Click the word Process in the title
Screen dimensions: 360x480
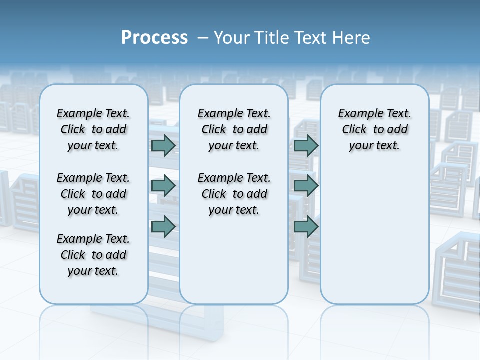(x=154, y=37)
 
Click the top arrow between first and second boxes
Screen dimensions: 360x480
(x=163, y=146)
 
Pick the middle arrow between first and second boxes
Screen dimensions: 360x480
(x=163, y=186)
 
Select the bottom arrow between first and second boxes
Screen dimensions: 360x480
(x=163, y=226)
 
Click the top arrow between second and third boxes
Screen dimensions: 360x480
(x=306, y=146)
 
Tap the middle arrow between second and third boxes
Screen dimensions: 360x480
(x=306, y=186)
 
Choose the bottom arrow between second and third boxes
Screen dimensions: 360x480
(x=306, y=226)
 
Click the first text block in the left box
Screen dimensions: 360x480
(x=93, y=129)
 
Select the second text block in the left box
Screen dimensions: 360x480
(x=93, y=194)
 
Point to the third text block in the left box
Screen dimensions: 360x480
(x=93, y=255)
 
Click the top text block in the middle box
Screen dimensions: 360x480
(x=234, y=129)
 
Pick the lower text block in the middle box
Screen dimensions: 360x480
(x=234, y=194)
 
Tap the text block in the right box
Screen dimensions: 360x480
(x=374, y=129)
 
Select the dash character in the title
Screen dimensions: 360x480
(x=203, y=37)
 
